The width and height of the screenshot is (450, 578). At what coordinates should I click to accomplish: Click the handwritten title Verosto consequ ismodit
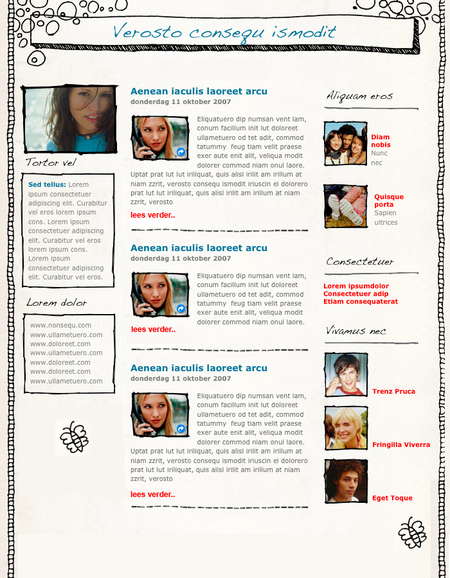coord(224,32)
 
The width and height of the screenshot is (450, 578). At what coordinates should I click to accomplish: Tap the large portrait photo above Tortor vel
coord(69,119)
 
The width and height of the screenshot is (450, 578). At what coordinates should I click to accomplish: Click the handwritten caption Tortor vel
coord(51,162)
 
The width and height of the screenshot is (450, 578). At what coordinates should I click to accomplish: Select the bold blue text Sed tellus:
coord(47,184)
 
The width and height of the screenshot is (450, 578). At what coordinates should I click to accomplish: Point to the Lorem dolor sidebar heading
coord(57,302)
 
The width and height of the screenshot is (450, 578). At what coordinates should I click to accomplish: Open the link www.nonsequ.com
coord(60,326)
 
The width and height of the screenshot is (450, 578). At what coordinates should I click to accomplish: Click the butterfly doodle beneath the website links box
coord(73,437)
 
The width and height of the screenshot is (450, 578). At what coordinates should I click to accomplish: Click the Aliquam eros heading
coord(359,96)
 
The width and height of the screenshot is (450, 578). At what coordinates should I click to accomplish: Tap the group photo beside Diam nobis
coord(345,143)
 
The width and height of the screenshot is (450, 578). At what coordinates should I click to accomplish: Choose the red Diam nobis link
coord(381,141)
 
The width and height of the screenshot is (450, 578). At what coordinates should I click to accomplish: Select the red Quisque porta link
coord(389,200)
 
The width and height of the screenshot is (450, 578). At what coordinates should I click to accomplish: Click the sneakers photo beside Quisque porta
coord(345,206)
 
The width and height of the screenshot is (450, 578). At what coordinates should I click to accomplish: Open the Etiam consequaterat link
coord(361,302)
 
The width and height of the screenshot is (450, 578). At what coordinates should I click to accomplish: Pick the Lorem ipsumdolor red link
coord(356,286)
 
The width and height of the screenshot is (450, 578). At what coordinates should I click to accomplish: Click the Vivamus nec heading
coord(356,331)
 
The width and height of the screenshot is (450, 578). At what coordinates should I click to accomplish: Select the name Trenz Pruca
coord(393,391)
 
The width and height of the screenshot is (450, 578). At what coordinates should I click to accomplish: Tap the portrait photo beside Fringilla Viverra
coord(346,428)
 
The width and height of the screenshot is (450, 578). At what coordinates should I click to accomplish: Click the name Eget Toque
coord(392,498)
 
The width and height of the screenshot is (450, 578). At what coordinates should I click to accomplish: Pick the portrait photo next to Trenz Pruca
coord(346,374)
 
